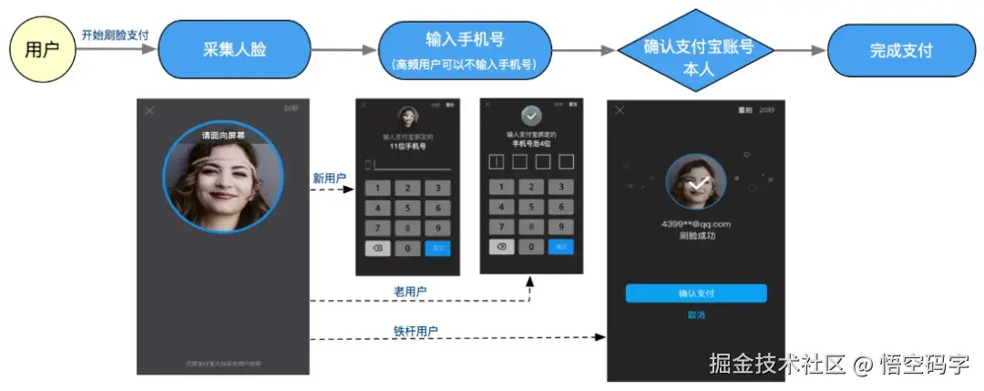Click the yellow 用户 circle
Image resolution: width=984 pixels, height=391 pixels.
click(x=41, y=48)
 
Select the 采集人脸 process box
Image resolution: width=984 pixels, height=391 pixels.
click(x=234, y=49)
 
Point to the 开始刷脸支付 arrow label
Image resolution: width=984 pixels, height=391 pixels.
click(x=115, y=35)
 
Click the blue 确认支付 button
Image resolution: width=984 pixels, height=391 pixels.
click(x=696, y=293)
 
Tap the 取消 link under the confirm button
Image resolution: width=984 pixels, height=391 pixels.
click(x=696, y=315)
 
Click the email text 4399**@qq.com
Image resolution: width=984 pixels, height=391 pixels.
click(x=696, y=223)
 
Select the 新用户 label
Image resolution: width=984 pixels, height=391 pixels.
click(x=329, y=179)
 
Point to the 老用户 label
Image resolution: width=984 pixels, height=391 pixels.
click(x=410, y=292)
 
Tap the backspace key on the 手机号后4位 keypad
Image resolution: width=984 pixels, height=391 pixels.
click(x=501, y=247)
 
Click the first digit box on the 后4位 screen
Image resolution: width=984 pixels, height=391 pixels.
click(x=496, y=162)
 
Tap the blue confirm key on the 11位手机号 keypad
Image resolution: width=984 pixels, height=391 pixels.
click(x=438, y=248)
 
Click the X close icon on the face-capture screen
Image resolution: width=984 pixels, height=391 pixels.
click(x=150, y=110)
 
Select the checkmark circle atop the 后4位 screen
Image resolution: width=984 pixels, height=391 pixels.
click(x=530, y=116)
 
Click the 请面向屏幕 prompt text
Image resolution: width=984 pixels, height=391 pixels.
click(x=223, y=135)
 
